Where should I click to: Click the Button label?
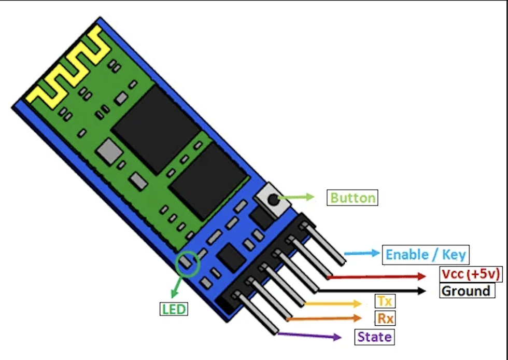(352, 198)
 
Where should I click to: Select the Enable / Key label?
(426, 255)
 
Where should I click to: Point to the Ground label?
(465, 290)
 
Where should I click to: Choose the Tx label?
(384, 301)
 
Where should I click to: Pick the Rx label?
(384, 318)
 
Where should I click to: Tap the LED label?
(174, 309)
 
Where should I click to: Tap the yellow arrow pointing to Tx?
(332, 303)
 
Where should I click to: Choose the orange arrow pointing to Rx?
(323, 318)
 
